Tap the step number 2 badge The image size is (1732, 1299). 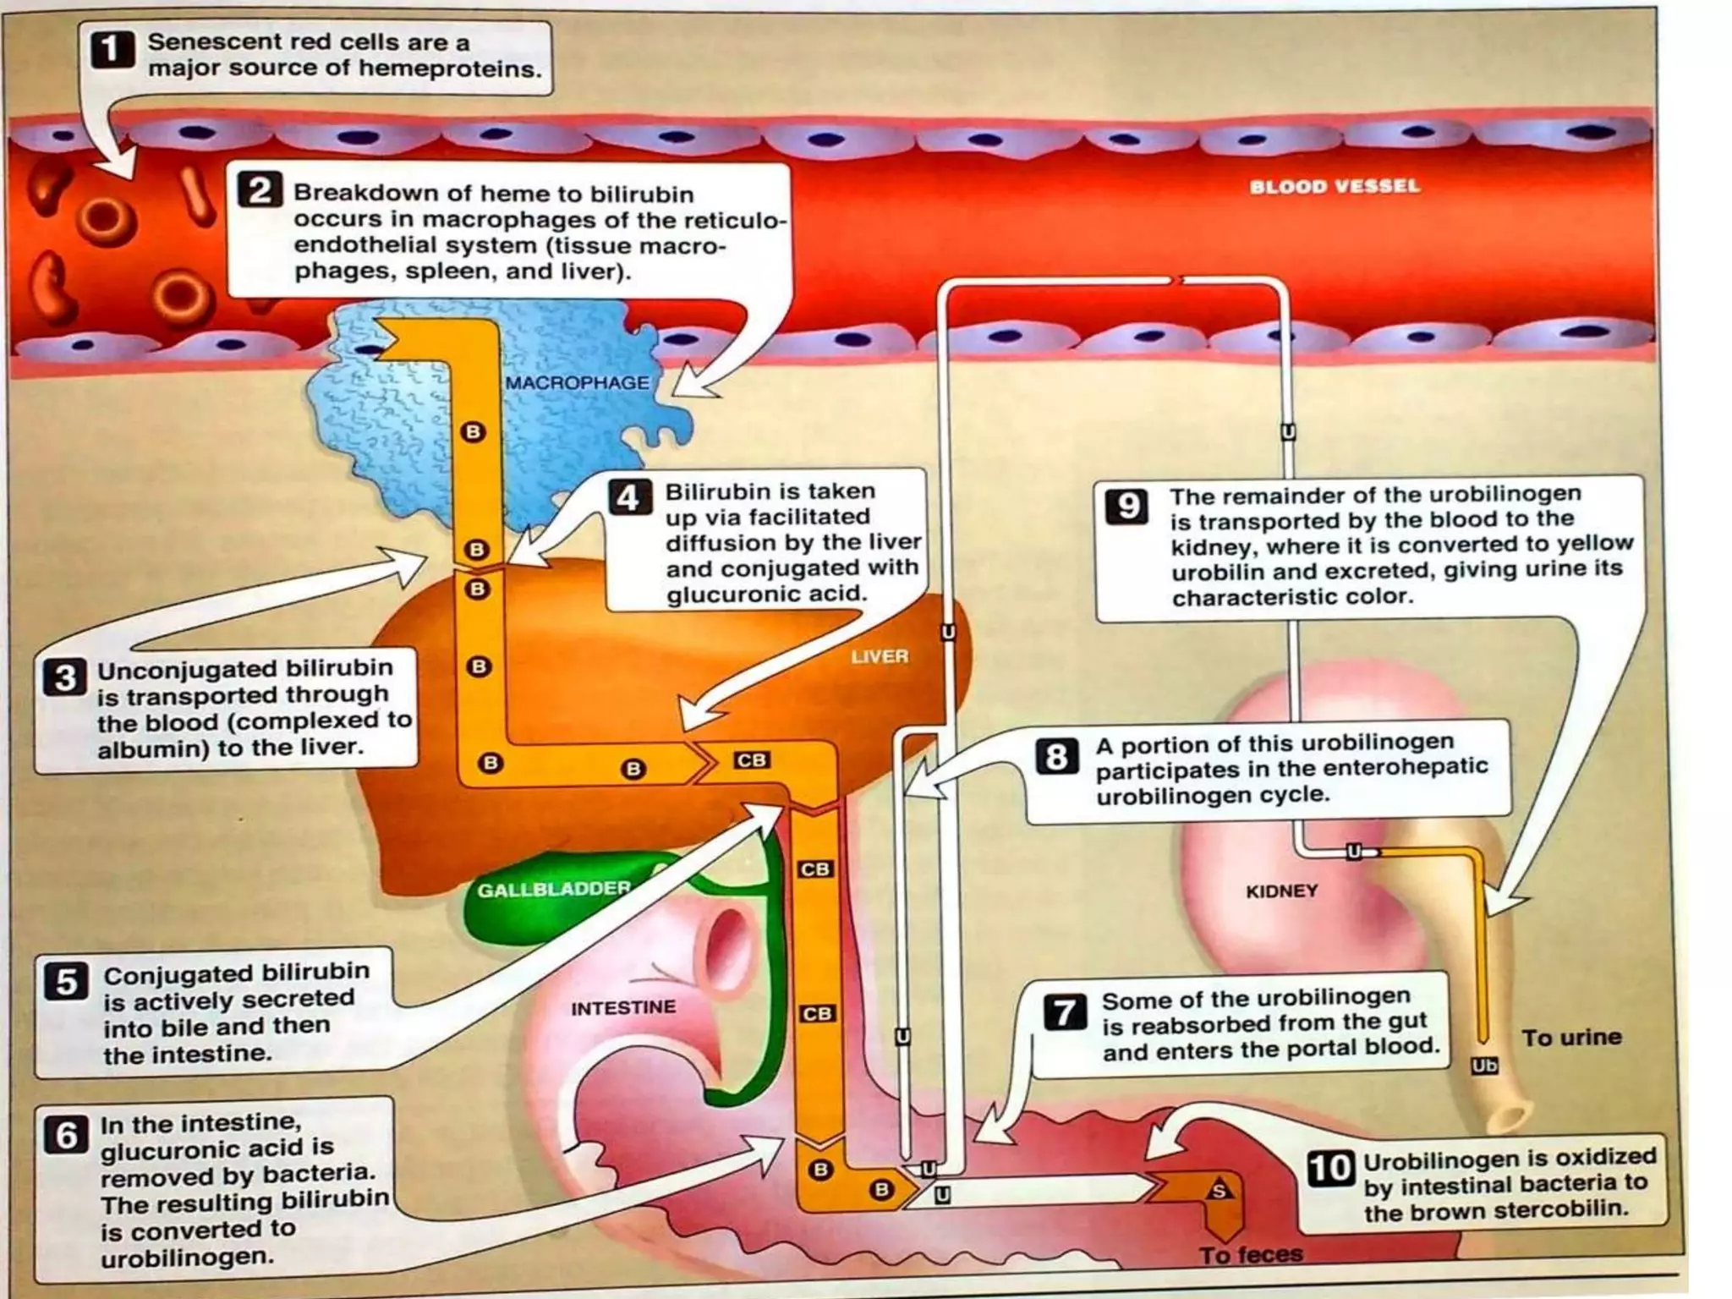[x=259, y=190]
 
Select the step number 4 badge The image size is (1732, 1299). [x=629, y=496]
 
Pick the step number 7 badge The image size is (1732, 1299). [x=1065, y=1011]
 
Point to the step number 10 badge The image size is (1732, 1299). [x=1330, y=1168]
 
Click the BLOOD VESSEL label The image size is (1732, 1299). [x=1334, y=186]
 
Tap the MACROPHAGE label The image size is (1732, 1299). [x=577, y=383]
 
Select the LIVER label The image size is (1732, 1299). [x=880, y=656]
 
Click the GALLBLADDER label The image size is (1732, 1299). [x=554, y=890]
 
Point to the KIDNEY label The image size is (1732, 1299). [x=1281, y=891]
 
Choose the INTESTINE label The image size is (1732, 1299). [x=623, y=1007]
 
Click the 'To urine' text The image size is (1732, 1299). [x=1571, y=1037]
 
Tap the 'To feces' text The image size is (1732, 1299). [x=1251, y=1254]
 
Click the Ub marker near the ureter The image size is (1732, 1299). [x=1484, y=1066]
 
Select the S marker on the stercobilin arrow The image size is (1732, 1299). [x=1219, y=1191]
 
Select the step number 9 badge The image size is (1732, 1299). [x=1127, y=506]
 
